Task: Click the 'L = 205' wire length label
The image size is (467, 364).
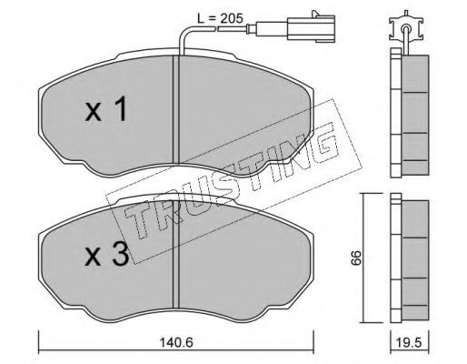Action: [x=220, y=19]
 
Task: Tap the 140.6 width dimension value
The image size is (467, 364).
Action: [x=176, y=343]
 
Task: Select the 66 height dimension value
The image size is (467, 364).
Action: [x=356, y=258]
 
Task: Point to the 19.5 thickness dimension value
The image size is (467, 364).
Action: [x=410, y=343]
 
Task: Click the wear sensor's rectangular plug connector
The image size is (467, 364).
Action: [x=311, y=29]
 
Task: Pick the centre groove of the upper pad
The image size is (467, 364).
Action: [x=176, y=110]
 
